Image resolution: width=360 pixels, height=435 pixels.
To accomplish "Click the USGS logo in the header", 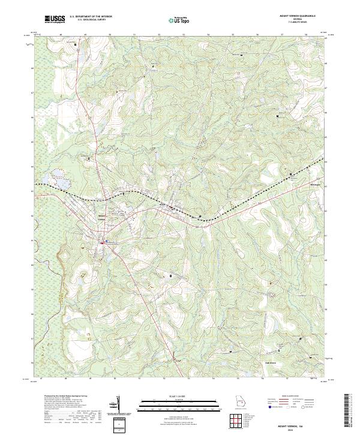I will (55, 19).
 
